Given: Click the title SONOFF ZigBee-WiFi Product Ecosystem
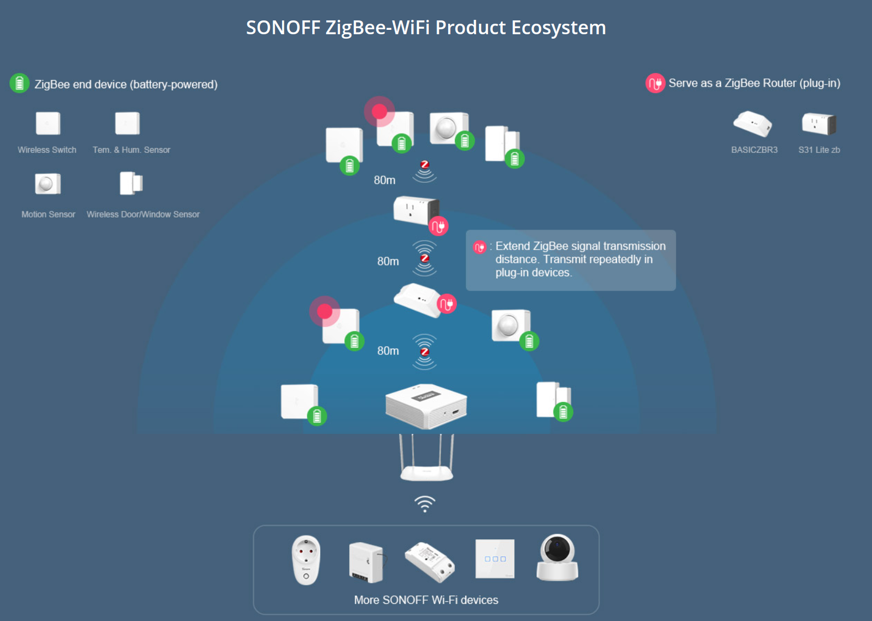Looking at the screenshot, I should [x=426, y=28].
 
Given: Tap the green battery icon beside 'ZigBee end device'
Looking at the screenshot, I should [x=19, y=83].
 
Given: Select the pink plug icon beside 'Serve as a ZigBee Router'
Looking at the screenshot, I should [x=655, y=83].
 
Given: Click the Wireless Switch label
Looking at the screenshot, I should [x=47, y=150].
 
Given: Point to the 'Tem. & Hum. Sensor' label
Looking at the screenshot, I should [x=131, y=150].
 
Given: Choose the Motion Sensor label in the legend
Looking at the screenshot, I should [x=48, y=214].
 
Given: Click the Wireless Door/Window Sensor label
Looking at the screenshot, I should [x=143, y=214].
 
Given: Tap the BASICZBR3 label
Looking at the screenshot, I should [x=754, y=150].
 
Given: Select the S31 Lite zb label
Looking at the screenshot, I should [x=819, y=150].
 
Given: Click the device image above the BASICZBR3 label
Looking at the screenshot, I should [x=752, y=124].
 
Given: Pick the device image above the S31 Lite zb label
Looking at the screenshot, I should [x=819, y=124].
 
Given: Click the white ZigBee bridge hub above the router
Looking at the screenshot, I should [x=426, y=406].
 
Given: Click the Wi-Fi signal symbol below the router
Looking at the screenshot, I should [x=425, y=503].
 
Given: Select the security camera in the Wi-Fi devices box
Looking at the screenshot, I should [x=557, y=558].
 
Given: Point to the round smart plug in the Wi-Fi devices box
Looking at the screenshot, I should [x=306, y=560].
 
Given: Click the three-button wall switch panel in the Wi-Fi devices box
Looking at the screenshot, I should [x=495, y=559].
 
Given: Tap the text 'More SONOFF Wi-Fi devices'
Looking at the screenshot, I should [x=426, y=600].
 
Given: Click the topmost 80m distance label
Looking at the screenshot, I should [x=385, y=180].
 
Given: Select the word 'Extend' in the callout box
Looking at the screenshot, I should [x=513, y=246].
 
